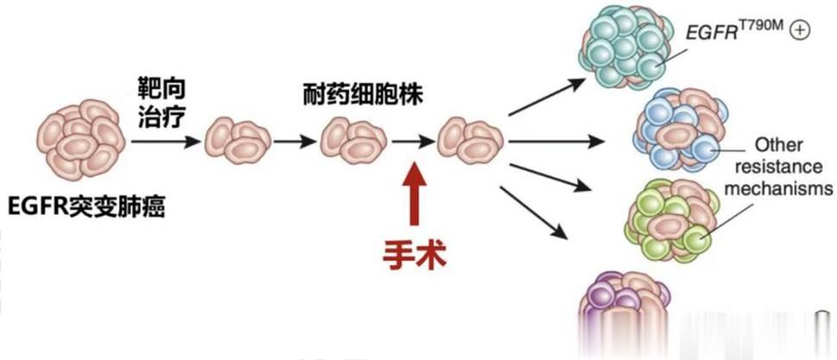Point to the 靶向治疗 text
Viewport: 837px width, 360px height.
click(x=162, y=103)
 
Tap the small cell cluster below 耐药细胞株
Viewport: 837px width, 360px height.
click(x=349, y=141)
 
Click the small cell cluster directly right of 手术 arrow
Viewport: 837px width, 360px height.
click(x=469, y=140)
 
